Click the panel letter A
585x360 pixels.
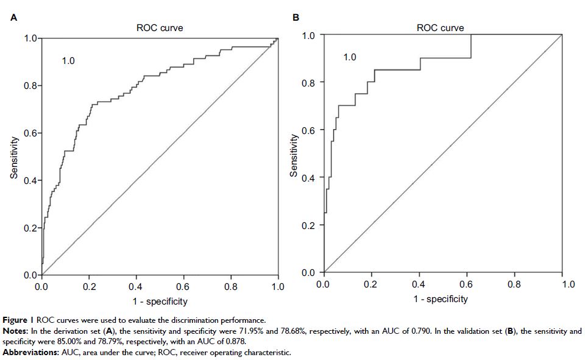click(x=13, y=18)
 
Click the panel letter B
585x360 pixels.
click(x=296, y=18)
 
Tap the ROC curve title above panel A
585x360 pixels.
click(x=159, y=27)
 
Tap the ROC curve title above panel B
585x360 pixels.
click(x=440, y=28)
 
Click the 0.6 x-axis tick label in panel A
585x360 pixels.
click(x=183, y=286)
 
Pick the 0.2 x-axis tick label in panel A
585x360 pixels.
click(x=89, y=286)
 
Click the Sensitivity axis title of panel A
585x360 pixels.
click(x=13, y=157)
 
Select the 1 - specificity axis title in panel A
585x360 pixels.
click(x=160, y=301)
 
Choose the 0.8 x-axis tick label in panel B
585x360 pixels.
click(x=514, y=284)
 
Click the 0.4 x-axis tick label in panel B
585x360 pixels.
click(x=419, y=284)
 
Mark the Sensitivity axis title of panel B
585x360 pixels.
click(x=294, y=155)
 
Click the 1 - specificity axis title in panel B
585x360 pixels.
click(x=441, y=298)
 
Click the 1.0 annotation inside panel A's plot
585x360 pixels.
click(x=68, y=60)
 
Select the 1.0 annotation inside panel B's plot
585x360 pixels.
click(x=350, y=57)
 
